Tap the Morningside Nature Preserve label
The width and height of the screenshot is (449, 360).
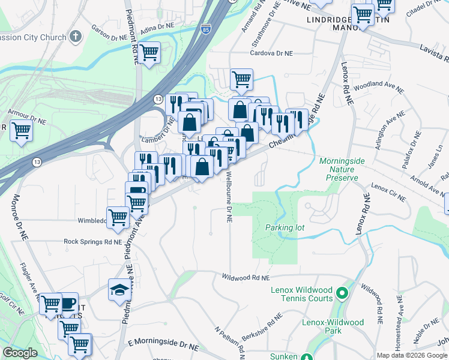[x=339, y=169]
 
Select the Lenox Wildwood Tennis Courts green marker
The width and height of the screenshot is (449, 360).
[x=343, y=294]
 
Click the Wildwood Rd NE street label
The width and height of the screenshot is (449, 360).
[x=246, y=278]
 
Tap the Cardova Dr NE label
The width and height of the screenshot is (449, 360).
[x=271, y=53]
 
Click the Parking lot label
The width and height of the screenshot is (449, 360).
[x=285, y=227]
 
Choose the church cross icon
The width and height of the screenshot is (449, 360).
[x=75, y=37]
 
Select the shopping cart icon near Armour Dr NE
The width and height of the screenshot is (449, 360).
[x=22, y=130]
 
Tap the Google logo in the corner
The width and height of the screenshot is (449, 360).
[x=20, y=353]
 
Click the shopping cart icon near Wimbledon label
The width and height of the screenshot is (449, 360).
[x=118, y=217]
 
